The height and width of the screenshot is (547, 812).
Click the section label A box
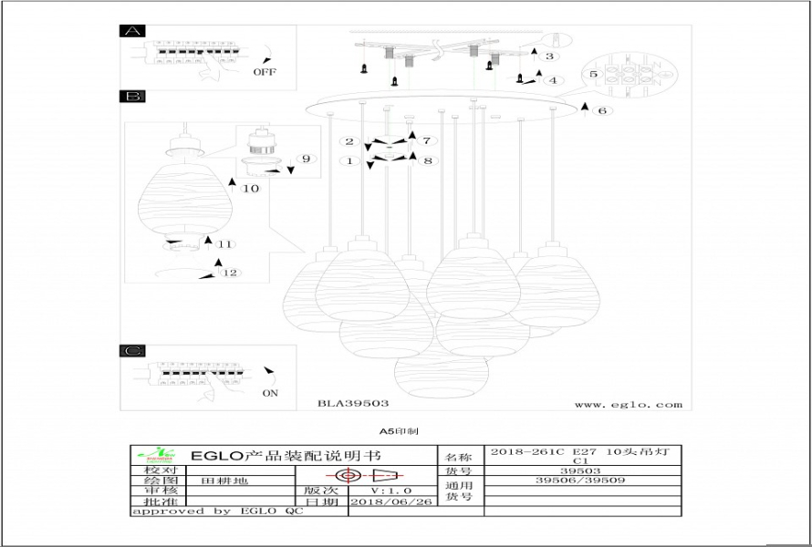132,31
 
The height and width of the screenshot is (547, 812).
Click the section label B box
132,96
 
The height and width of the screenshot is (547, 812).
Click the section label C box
132,351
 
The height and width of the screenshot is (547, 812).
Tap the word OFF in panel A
265,71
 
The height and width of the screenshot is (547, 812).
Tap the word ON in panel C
270,394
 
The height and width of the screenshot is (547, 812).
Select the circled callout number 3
549,57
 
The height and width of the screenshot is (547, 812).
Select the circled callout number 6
601,111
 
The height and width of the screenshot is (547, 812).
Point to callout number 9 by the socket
306,159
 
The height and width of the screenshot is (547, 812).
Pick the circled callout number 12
232,273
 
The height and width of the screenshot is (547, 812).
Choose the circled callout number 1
348,161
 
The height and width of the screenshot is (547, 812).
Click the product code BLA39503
353,403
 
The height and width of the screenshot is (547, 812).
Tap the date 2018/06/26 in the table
399,501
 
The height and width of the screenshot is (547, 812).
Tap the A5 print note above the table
399,430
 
